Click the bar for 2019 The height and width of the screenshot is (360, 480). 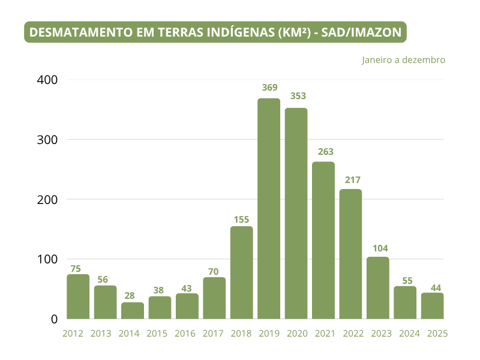click(269, 209)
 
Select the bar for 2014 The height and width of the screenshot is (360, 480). click(133, 311)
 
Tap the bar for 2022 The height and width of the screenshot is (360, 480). click(350, 254)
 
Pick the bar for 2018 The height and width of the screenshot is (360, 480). click(242, 273)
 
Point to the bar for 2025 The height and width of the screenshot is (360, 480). click(432, 306)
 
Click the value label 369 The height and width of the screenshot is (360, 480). click(269, 88)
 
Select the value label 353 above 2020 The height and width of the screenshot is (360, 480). click(296, 97)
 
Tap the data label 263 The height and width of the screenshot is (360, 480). click(323, 152)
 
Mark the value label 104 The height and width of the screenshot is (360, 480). click(378, 248)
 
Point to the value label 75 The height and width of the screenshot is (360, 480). click(76, 269)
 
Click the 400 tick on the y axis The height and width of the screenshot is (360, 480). click(46, 80)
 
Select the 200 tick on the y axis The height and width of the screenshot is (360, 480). click(46, 199)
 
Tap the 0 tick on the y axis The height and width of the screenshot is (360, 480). click(53, 319)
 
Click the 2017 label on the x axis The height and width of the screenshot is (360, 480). click(214, 334)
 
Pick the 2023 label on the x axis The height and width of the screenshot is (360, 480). click(378, 334)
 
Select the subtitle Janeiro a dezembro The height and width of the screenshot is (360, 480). click(403, 60)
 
